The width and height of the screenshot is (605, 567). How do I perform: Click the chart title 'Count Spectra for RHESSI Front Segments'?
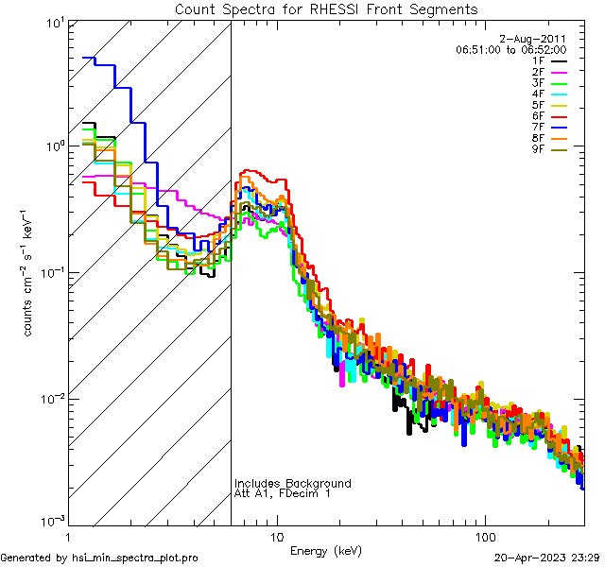point(326,9)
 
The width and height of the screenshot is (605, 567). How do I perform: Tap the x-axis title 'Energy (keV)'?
point(326,550)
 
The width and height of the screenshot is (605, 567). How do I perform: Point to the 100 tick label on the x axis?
point(484,537)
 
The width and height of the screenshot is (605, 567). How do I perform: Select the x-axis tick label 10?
point(276,537)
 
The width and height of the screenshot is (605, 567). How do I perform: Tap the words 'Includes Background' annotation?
point(293,484)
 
